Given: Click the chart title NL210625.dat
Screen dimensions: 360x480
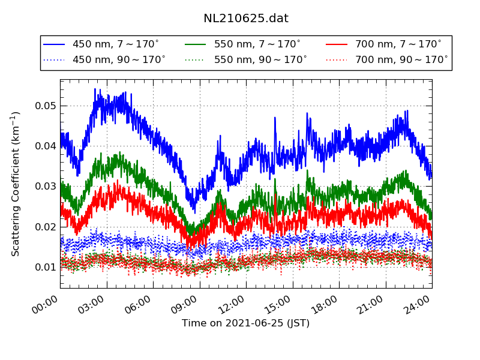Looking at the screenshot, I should tap(246, 19).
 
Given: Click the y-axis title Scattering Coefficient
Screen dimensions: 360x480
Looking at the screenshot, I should tap(16, 184).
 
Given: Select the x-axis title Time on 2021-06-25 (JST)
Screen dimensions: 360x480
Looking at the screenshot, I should tap(246, 323).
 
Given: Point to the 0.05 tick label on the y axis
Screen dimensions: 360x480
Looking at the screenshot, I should tap(44, 106).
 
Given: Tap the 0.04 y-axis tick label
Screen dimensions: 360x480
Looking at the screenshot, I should tap(44, 146).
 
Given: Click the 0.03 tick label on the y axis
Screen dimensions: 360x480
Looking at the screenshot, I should tap(44, 187).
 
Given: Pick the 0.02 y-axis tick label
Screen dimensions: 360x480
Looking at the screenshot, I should tap(44, 227).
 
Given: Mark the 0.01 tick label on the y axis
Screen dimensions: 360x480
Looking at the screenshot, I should tap(44, 267).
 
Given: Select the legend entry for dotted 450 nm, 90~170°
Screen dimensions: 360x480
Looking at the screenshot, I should tap(119, 60).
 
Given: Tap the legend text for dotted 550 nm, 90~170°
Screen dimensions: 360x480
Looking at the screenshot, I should tap(260, 60).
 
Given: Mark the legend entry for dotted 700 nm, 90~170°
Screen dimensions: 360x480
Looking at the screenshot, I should tap(401, 60).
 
